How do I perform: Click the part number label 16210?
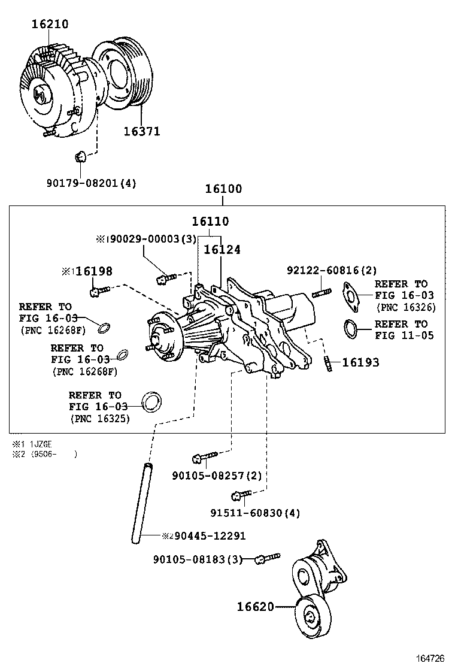50,24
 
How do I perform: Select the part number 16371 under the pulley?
142,131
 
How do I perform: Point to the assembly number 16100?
223,189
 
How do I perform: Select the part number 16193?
360,362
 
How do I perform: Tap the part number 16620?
255,607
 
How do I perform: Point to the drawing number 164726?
431,658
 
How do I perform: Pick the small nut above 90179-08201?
79,158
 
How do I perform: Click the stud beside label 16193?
329,363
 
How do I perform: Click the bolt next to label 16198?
99,291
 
